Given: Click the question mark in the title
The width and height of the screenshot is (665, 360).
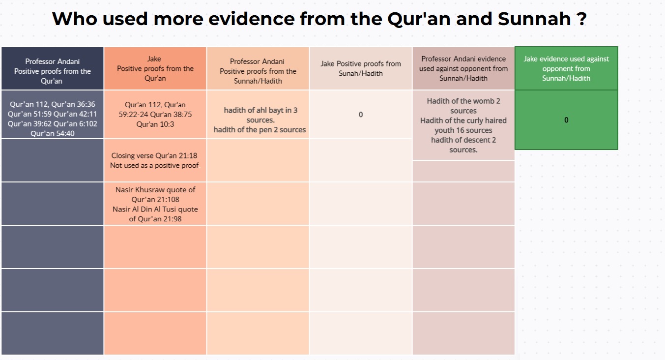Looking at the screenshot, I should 581,19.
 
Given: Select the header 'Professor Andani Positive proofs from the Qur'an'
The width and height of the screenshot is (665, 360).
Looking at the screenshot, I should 52,71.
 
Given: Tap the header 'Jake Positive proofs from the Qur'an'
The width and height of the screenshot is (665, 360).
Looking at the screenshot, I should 155,68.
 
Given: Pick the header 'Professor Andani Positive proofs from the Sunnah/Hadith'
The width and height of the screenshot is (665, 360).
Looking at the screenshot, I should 258,71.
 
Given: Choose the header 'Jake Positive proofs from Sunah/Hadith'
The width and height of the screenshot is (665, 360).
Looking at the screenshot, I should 360,68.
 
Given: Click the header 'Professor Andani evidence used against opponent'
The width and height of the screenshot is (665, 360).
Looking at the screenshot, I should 463,68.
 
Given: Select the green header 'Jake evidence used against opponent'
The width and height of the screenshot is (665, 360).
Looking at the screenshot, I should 566,68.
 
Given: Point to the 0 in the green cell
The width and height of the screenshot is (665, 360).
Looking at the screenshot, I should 566,120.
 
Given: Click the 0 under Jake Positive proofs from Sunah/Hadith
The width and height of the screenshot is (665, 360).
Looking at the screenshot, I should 360,115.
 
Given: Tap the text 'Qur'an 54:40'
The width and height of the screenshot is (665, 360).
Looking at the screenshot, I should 52,133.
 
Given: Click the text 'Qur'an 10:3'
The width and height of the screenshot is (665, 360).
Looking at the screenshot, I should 155,124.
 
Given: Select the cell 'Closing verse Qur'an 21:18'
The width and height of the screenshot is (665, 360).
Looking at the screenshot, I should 155,160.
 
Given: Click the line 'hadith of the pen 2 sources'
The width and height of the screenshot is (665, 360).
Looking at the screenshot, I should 260,130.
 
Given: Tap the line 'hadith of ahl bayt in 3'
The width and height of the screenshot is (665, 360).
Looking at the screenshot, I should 260,110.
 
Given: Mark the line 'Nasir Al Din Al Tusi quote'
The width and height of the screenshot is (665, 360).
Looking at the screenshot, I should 155,209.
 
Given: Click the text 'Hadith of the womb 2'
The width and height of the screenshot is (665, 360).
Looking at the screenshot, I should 463,101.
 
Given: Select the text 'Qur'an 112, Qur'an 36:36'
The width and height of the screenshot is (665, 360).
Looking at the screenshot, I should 52,104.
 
